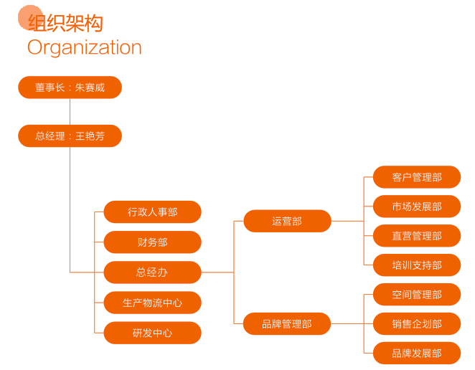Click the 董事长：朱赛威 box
[x=70, y=87]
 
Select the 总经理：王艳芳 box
[x=70, y=136]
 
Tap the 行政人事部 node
[x=152, y=212]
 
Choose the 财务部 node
[x=152, y=242]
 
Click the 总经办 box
[x=152, y=272]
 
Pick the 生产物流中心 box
[x=152, y=303]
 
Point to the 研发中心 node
[x=152, y=333]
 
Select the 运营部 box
[x=287, y=221]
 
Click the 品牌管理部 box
[x=287, y=323]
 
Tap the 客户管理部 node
[x=417, y=177]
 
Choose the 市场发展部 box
[x=417, y=207]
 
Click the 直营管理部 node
[x=417, y=236]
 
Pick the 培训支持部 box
[x=417, y=265]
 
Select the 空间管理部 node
[x=417, y=295]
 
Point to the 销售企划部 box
[x=417, y=324]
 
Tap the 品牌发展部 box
[x=417, y=354]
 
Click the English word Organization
[x=85, y=48]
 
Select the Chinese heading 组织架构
[x=66, y=23]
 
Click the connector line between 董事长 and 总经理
[x=70, y=112]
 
